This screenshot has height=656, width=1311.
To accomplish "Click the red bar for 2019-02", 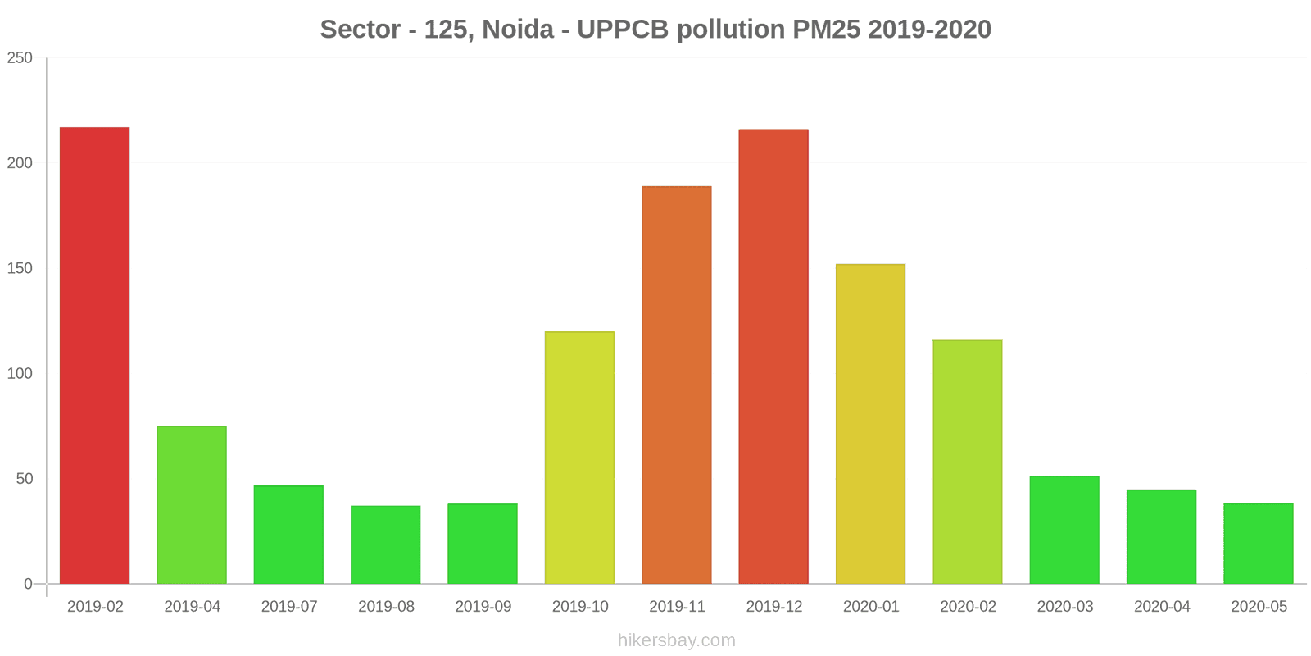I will pyautogui.click(x=95, y=356).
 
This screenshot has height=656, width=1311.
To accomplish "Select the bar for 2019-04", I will pyautogui.click(x=192, y=505).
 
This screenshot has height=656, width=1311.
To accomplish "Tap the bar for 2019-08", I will pyautogui.click(x=386, y=544).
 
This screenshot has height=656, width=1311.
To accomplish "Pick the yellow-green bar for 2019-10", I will pyautogui.click(x=579, y=458).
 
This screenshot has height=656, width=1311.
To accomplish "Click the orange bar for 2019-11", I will pyautogui.click(x=677, y=385).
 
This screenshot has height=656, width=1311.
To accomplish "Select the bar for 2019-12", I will pyautogui.click(x=773, y=357).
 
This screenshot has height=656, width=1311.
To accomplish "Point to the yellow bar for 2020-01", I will pyautogui.click(x=870, y=424).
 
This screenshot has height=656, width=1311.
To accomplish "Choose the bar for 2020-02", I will pyautogui.click(x=968, y=462).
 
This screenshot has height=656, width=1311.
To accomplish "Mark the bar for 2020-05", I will pyautogui.click(x=1259, y=544).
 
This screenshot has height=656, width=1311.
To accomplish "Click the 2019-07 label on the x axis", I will pyautogui.click(x=289, y=607).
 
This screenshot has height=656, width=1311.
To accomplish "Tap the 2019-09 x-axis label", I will pyautogui.click(x=483, y=607).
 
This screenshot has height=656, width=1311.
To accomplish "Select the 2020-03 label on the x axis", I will pyautogui.click(x=1065, y=607).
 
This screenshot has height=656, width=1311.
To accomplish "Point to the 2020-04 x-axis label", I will pyautogui.click(x=1162, y=607).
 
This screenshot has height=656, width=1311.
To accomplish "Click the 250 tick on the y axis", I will pyautogui.click(x=20, y=58).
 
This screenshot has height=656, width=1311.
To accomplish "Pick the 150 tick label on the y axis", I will pyautogui.click(x=20, y=268).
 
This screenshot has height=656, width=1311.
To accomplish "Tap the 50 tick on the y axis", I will pyautogui.click(x=25, y=479).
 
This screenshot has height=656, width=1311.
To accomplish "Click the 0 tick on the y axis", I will pyautogui.click(x=29, y=584).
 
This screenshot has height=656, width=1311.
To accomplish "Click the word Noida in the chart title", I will pyautogui.click(x=518, y=30).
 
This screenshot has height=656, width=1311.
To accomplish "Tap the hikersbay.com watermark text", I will pyautogui.click(x=677, y=640).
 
